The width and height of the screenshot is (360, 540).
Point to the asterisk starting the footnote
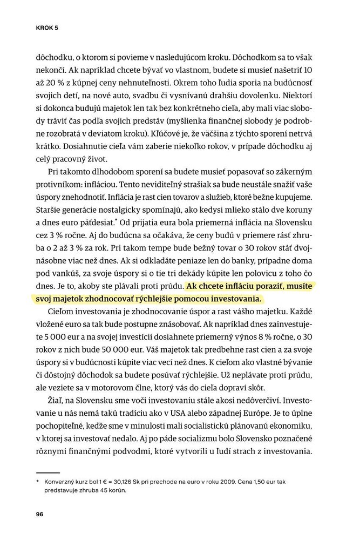click(38, 481)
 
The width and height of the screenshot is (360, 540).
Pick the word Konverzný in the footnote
click(62, 481)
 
